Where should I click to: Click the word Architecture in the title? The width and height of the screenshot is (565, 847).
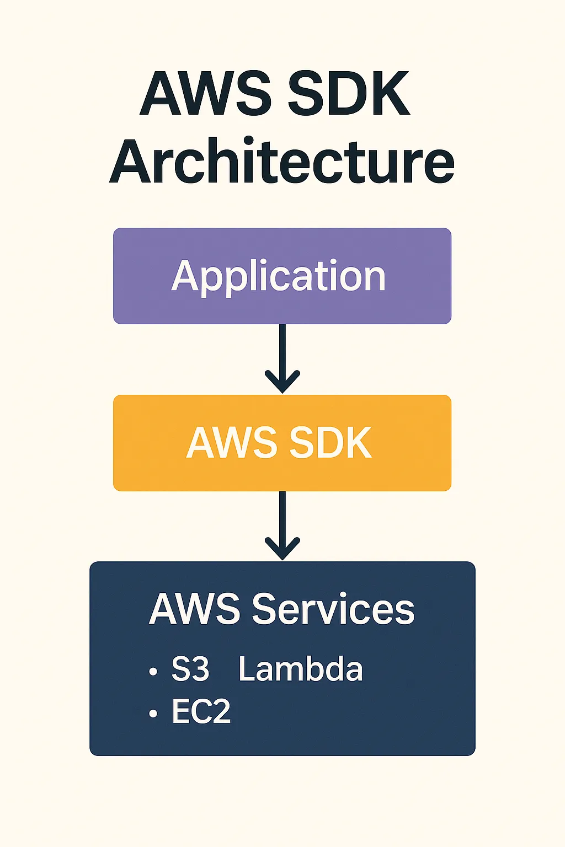coord(282,161)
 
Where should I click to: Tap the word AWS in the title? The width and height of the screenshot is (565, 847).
coord(205,94)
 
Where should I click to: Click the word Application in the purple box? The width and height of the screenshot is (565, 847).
coord(279,276)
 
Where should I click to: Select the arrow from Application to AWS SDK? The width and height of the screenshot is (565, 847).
coord(282,358)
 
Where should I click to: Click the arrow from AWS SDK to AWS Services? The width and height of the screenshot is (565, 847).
coord(282,526)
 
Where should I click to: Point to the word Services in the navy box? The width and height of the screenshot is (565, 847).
coord(333,609)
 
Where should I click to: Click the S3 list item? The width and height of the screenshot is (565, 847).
coord(190,669)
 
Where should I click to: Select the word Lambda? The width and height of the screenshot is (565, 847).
coord(301,669)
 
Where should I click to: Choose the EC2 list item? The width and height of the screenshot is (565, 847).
coord(201,711)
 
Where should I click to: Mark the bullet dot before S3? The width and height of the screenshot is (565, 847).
coord(153,672)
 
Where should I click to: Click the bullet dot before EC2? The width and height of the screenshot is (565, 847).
coord(153,714)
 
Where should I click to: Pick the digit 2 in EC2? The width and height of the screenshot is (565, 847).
coord(220,711)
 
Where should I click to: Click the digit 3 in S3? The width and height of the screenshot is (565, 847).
coord(199,669)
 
